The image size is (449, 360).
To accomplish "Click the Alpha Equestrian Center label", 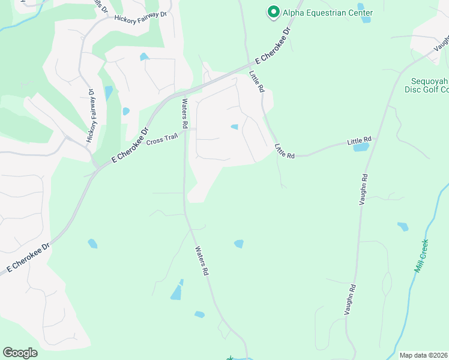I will click(328, 13).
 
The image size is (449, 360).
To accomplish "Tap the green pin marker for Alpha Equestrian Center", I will click(274, 12).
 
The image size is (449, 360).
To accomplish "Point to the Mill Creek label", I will click(423, 256).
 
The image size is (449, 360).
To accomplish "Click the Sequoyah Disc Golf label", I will click(427, 85).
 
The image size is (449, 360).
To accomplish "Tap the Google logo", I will click(20, 353).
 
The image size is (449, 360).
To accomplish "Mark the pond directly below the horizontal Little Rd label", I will click(361, 147).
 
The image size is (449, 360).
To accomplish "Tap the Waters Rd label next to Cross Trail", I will click(185, 113).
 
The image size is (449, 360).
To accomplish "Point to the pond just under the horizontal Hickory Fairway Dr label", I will click(144, 57).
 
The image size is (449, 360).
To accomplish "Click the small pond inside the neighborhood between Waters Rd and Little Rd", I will click(234, 127).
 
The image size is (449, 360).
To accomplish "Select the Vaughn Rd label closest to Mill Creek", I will click(351, 299).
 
